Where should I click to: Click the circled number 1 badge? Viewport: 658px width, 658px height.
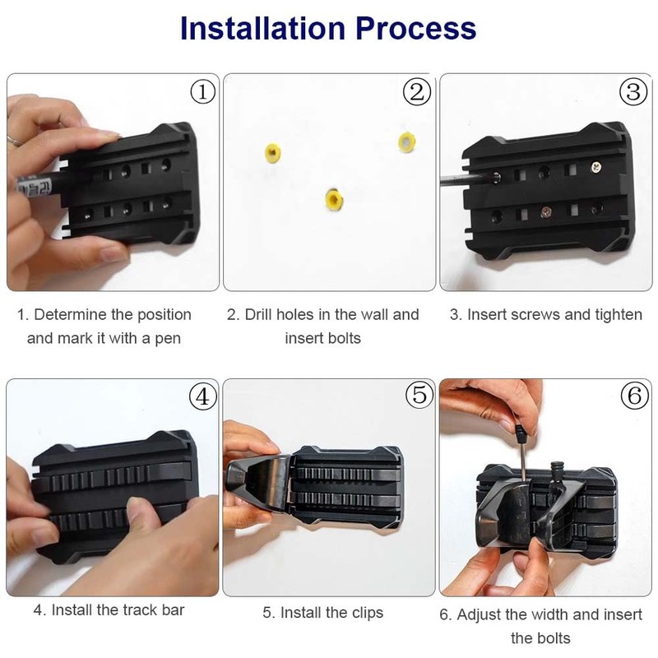coord(202,91)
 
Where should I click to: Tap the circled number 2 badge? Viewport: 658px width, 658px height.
coord(418,91)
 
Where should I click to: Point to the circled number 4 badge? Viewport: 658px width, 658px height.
coord(202,396)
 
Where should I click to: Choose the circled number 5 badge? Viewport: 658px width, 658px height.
coord(418,396)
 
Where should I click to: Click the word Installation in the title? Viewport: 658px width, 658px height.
coord(266,28)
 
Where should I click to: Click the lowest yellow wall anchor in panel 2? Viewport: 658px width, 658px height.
coord(332,197)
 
